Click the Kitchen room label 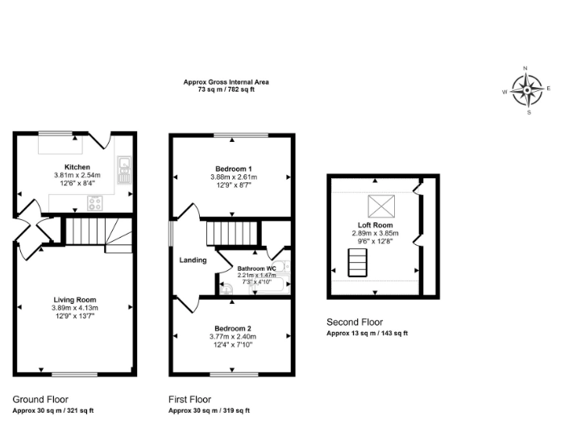pyautogui.click(x=77, y=167)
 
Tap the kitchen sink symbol pyautogui.click(x=124, y=170)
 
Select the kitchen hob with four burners pyautogui.click(x=95, y=203)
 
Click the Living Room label pyautogui.click(x=75, y=300)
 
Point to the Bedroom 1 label pyautogui.click(x=234, y=169)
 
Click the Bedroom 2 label pyautogui.click(x=233, y=329)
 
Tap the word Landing pyautogui.click(x=193, y=260)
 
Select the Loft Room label pyautogui.click(x=375, y=225)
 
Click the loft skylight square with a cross pyautogui.click(x=381, y=206)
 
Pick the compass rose pyautogui.click(x=527, y=89)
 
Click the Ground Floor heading pyautogui.click(x=40, y=400)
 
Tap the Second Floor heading pyautogui.click(x=355, y=322)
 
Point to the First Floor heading pyautogui.click(x=190, y=400)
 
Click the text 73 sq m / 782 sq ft pyautogui.click(x=226, y=89)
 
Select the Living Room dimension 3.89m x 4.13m pyautogui.click(x=75, y=308)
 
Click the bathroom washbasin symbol pyautogui.click(x=227, y=289)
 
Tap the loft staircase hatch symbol pyautogui.click(x=357, y=263)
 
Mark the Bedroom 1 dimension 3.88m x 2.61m pyautogui.click(x=234, y=177)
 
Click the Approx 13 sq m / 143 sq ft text pyautogui.click(x=368, y=333)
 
